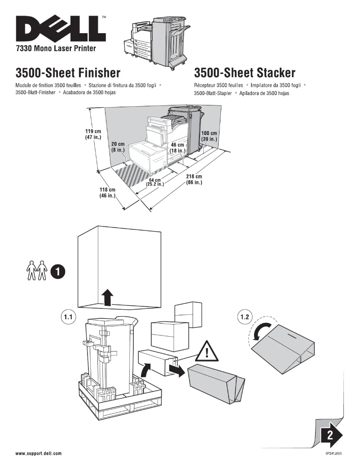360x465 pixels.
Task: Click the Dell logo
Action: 61,30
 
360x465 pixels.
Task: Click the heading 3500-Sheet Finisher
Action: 68,73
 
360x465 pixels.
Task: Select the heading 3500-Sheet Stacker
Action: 245,73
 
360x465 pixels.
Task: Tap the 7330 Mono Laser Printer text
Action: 56,48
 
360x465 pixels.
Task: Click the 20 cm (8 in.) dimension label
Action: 118,147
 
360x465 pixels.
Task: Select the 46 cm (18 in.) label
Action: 178,148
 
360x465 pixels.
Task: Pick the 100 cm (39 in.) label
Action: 209,136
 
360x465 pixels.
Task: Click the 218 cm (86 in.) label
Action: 194,179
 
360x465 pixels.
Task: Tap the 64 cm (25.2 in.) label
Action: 155,182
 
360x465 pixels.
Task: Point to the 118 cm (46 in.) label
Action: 107,193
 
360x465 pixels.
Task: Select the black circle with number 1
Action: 57,271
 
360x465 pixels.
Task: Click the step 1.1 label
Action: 67,317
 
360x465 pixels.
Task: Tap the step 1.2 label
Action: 244,317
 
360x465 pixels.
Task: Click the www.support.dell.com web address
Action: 39,453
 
